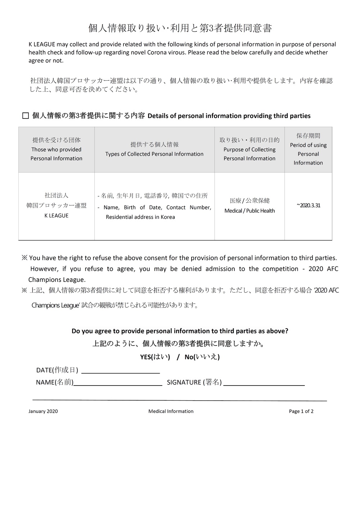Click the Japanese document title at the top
point(180,28)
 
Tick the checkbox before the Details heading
point(26,116)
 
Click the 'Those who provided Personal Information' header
point(57,149)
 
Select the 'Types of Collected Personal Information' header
point(154,149)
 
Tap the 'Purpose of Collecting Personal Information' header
point(249,149)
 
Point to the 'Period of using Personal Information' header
point(308,149)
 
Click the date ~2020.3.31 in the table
point(308,206)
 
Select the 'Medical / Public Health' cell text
point(249,211)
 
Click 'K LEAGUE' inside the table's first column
point(57,216)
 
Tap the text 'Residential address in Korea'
point(140,217)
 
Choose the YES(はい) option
point(155,357)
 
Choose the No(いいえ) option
point(202,357)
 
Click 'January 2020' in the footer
point(43,411)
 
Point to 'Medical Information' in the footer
point(171,411)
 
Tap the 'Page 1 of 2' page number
point(301,411)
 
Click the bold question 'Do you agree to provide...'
point(180,331)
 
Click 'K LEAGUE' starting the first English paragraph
point(42,45)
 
